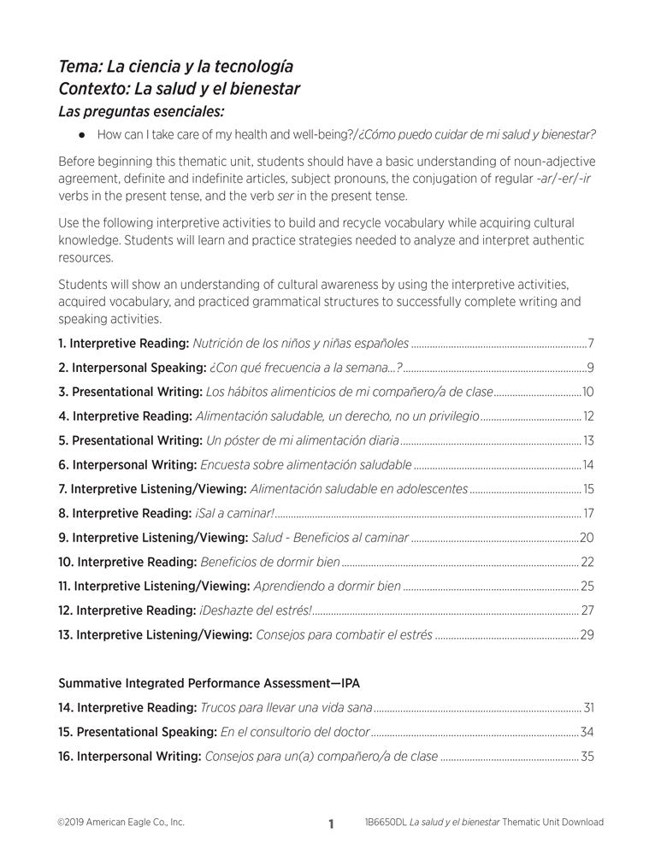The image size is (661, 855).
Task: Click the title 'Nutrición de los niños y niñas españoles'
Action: click(300, 344)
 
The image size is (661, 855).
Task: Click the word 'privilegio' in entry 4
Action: click(450, 416)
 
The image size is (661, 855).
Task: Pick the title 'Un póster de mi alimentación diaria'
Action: click(303, 441)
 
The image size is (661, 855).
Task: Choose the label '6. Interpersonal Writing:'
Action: click(127, 465)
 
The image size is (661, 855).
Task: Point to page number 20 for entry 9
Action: click(587, 538)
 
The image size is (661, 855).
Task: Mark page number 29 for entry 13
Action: click(587, 634)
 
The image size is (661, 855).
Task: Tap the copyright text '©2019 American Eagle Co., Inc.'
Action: click(121, 823)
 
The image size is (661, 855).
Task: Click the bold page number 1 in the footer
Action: click(330, 824)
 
